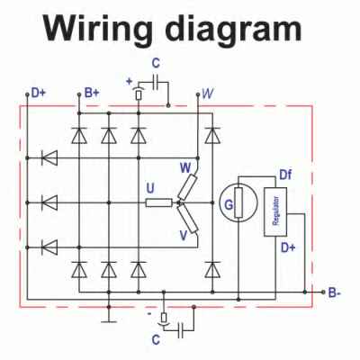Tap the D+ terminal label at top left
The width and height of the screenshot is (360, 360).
pos(39,94)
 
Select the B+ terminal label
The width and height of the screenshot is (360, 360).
pos(92,94)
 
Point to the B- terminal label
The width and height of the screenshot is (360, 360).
pos(334,292)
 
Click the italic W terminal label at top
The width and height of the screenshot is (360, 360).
pos(208,94)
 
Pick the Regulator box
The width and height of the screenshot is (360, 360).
pos(275,212)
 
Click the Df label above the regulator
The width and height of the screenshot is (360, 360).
pos(285,175)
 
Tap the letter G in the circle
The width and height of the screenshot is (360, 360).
pos(229,205)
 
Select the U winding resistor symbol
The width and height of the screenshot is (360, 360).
pos(159,203)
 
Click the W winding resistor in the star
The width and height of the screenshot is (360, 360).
pos(187,188)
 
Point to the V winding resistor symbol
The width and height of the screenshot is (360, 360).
pos(188,219)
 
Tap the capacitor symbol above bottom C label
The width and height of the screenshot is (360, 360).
pos(181,330)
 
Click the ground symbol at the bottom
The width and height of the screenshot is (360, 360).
pos(109,321)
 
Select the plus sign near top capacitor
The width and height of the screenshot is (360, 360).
pos(130,81)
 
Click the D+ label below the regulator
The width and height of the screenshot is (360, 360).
pos(288,247)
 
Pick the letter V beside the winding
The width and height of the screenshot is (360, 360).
pos(184,236)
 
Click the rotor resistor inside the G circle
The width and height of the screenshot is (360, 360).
pos(238,202)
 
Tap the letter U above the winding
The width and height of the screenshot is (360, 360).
pos(150,188)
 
